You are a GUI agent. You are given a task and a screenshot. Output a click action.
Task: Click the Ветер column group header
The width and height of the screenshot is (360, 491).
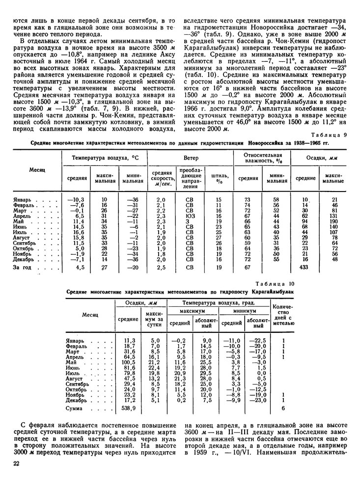[x=191, y=159]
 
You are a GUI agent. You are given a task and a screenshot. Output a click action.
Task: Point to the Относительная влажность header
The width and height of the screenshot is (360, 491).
[x=262, y=159]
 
